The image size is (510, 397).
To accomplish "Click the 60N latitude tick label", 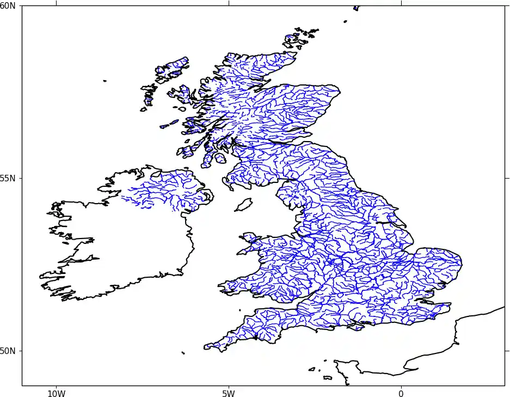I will pyautogui.click(x=8, y=5).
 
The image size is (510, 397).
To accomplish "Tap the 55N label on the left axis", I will pyautogui.click(x=8, y=178).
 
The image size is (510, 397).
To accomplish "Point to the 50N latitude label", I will pyautogui.click(x=8, y=351).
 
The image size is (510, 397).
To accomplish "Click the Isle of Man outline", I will pyautogui.click(x=243, y=205).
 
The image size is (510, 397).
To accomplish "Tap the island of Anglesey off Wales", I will pyautogui.click(x=250, y=237).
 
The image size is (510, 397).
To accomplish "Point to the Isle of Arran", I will pyautogui.click(x=220, y=158).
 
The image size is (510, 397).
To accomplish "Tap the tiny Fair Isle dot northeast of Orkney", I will pyautogui.click(x=345, y=21).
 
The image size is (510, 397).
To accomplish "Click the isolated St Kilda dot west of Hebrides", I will pyautogui.click(x=105, y=81).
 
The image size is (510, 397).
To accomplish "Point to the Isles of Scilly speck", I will pyautogui.click(x=183, y=353).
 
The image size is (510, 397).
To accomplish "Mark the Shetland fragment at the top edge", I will pyautogui.click(x=357, y=8).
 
